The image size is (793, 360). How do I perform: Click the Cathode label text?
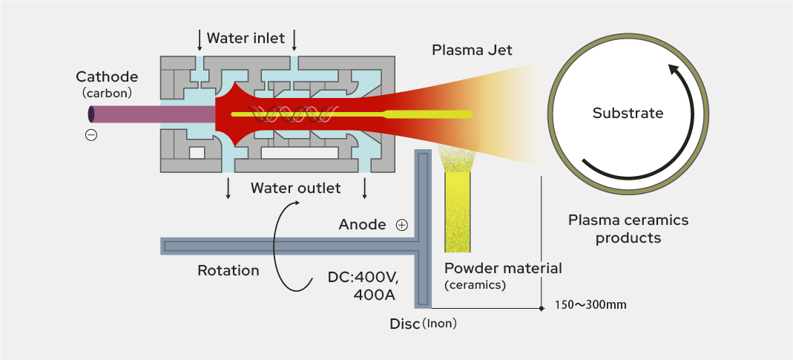tap(107, 76)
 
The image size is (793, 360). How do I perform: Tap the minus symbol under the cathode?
tap(91, 135)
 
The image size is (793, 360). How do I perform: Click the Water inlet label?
tap(246, 38)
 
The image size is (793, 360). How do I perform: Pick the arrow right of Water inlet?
tap(295, 39)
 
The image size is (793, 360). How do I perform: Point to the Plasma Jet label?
tap(472, 50)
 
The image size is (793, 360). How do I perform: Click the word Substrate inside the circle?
tap(628, 114)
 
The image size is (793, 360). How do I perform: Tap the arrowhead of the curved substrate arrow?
tap(674, 69)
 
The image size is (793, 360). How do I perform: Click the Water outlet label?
tap(295, 188)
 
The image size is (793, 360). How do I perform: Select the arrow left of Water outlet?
tap(228, 189)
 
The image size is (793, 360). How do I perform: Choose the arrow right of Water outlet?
tap(364, 189)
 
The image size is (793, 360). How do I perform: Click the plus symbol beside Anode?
tap(402, 224)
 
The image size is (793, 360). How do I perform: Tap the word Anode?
tap(362, 224)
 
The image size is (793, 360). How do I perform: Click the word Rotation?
tap(228, 270)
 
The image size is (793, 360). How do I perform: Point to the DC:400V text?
tap(363, 278)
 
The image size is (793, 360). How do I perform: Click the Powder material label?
tap(503, 268)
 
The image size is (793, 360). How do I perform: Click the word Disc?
tap(404, 324)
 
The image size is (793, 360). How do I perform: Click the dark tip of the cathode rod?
tap(91, 114)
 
